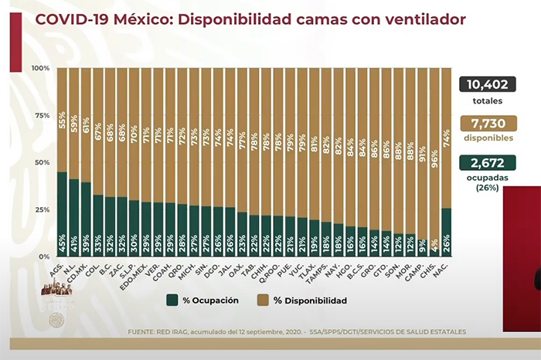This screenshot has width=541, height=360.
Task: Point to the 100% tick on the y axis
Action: tap(40, 69)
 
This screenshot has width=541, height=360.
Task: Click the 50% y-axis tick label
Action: tap(42, 162)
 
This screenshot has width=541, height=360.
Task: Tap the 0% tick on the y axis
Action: tap(45, 256)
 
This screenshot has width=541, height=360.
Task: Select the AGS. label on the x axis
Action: tap(59, 269)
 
